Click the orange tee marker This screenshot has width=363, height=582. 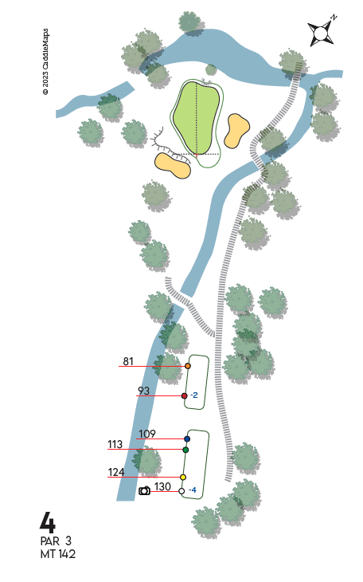[188, 366]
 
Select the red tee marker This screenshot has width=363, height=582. [184, 395]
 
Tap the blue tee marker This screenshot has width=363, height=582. [187, 438]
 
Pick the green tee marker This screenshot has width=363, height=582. [185, 450]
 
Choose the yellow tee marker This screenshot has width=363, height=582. [183, 477]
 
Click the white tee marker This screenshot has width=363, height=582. [181, 491]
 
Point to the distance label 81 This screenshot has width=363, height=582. [128, 361]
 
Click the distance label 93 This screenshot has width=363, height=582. [143, 391]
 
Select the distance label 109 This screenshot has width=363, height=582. [147, 434]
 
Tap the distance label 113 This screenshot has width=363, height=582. [115, 444]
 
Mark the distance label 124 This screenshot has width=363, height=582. [116, 472]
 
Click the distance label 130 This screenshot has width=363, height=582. [162, 486]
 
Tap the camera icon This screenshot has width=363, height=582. [144, 490]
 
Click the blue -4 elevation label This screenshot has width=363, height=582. [193, 490]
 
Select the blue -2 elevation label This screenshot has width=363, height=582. [194, 395]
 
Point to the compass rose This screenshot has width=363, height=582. [322, 31]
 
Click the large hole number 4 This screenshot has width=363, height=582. [48, 522]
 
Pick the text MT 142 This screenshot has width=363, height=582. [58, 554]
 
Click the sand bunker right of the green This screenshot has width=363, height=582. [237, 131]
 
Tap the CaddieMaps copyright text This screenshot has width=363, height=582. [45, 61]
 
